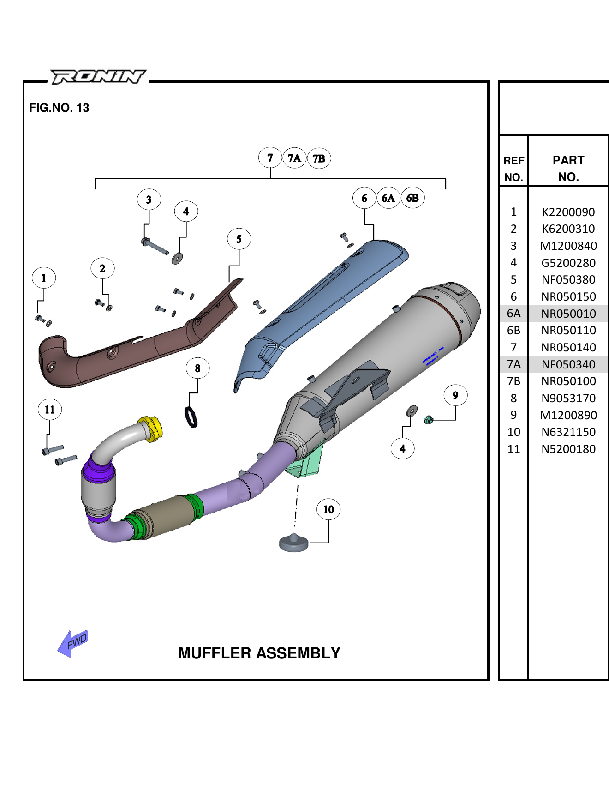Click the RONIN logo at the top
tap(98, 77)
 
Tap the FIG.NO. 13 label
tap(59, 108)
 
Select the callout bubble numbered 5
tap(239, 239)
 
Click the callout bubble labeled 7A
tap(294, 158)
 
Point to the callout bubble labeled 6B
tap(412, 198)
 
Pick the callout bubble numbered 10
tap(328, 509)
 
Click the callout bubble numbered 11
tap(50, 410)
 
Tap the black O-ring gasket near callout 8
tap(191, 417)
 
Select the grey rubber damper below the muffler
tap(294, 543)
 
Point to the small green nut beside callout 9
tap(428, 420)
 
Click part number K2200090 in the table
tap(568, 212)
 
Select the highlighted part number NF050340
tap(568, 365)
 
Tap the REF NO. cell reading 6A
tap(513, 314)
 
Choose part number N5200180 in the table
tap(568, 449)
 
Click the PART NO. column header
tap(568, 169)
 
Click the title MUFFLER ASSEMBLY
tap(259, 653)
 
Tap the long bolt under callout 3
tap(156, 246)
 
